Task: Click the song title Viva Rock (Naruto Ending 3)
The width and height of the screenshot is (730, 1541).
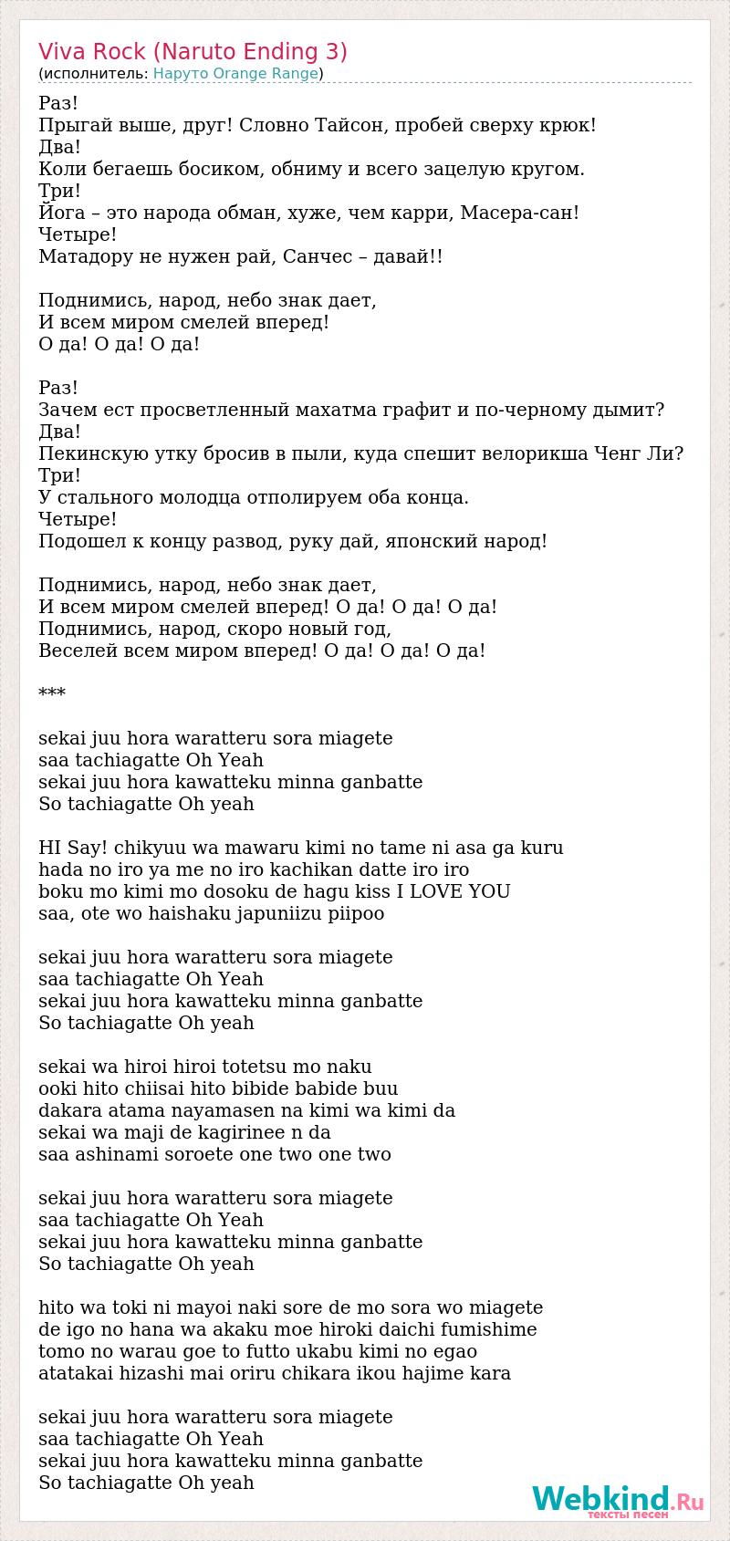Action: pos(193,51)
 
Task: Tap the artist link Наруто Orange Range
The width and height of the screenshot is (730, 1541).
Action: pos(235,74)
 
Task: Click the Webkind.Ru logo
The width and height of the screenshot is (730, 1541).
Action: pos(618,1500)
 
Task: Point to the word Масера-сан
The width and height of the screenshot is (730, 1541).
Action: pos(519,213)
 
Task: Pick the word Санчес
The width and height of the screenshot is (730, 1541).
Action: pos(316,256)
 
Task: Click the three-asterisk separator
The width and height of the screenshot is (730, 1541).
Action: pos(52,694)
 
